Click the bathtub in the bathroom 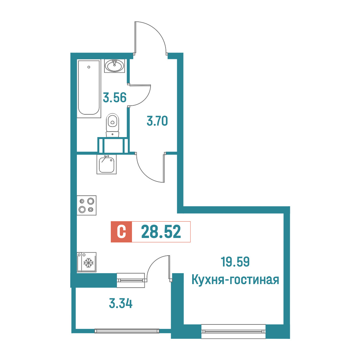pos(89,89)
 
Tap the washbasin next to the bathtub pos(115,66)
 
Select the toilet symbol pos(112,125)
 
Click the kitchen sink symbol pos(107,164)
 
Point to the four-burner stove pos(86,205)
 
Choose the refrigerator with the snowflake pos(86,262)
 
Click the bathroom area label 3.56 pos(115,98)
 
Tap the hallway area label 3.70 pos(157,121)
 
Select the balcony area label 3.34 pos(121,304)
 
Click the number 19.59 pos(235,262)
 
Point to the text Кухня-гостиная pos(235,280)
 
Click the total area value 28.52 pos(161,232)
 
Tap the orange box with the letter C pos(121,232)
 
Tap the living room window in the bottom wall pos(233,331)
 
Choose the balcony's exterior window pos(127,331)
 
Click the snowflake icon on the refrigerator pos(88,263)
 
